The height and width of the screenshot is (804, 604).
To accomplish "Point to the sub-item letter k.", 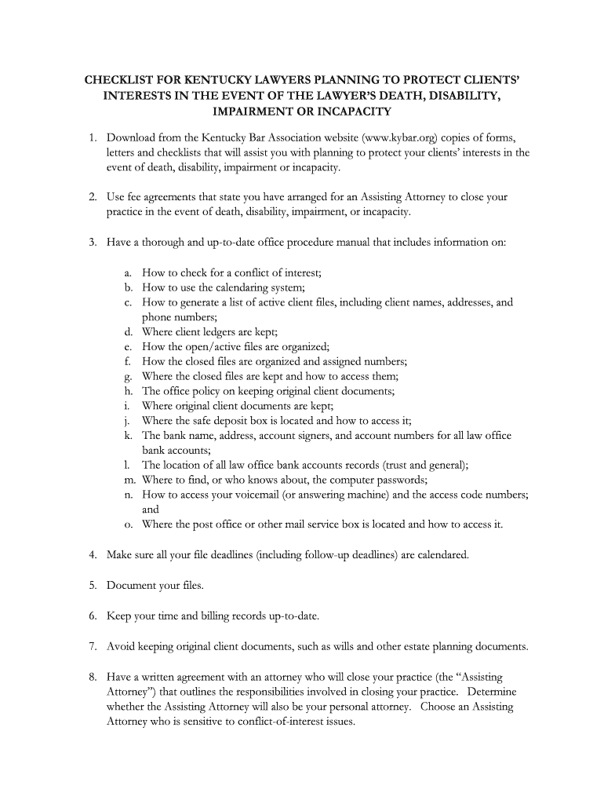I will [x=126, y=435].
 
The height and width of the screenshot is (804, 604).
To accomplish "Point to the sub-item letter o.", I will [x=127, y=524].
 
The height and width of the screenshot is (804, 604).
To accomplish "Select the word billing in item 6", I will [x=206, y=616].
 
